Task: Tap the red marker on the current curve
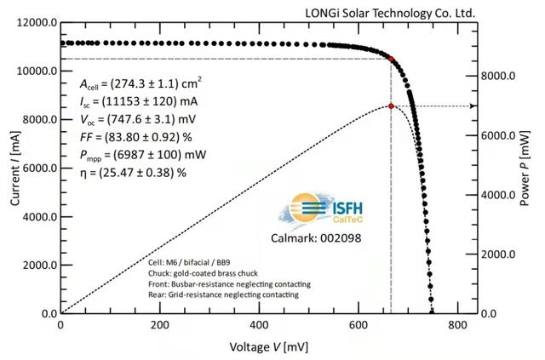tap(392, 59)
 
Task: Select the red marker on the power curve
tap(391, 106)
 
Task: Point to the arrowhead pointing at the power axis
tap(471, 106)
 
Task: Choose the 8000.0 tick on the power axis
tap(501, 76)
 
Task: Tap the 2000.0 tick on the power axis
tap(501, 254)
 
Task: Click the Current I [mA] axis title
tap(12, 169)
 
